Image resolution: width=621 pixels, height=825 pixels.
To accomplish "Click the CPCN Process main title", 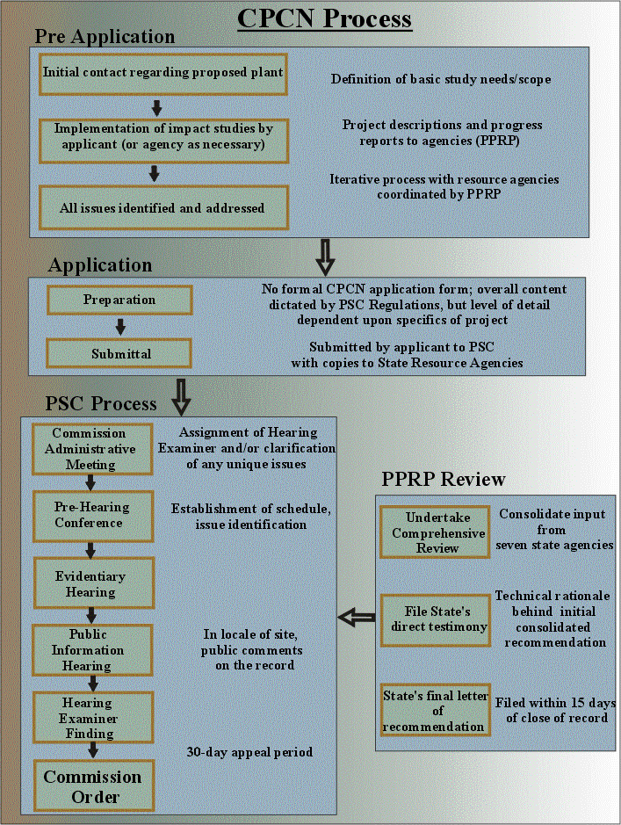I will (x=325, y=18).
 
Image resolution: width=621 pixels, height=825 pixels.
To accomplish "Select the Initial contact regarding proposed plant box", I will (x=163, y=72).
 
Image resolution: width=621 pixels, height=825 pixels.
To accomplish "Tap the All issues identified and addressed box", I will (x=163, y=207).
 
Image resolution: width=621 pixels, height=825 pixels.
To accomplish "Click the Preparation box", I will (x=119, y=300).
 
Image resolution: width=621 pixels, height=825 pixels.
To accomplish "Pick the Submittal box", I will (x=119, y=354).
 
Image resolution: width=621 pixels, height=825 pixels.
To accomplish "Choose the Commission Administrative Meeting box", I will (x=89, y=448).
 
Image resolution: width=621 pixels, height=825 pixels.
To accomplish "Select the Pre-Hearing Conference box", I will (x=90, y=516).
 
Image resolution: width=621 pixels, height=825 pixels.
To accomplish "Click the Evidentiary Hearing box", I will (x=90, y=584).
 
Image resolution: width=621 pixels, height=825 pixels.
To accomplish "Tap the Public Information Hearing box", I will (x=90, y=650).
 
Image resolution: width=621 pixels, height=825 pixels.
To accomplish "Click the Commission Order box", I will (x=92, y=786).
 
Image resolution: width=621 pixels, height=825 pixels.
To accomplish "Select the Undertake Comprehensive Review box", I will (x=432, y=532).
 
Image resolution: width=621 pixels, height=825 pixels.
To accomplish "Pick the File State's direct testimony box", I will (x=432, y=619).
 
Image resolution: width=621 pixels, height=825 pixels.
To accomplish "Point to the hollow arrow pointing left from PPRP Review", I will (x=357, y=619).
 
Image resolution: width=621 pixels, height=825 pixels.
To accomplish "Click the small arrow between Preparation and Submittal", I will (x=120, y=327).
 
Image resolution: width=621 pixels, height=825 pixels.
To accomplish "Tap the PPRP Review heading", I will (x=444, y=480).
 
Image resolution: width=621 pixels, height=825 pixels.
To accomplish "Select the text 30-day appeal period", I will (x=249, y=752).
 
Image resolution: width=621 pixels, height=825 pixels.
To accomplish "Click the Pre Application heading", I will (x=105, y=38).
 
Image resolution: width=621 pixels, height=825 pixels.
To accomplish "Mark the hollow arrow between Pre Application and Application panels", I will (x=325, y=257).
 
